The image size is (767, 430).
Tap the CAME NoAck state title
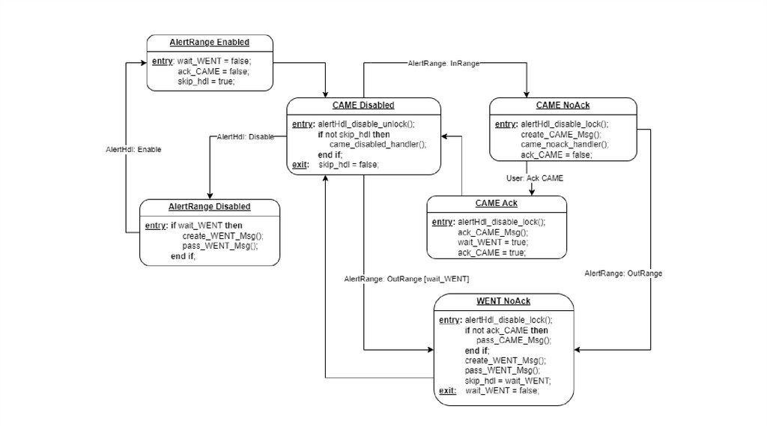click(563, 105)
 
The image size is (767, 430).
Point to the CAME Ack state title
click(496, 203)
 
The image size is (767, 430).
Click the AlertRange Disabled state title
click(210, 206)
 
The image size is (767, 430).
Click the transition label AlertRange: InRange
click(443, 64)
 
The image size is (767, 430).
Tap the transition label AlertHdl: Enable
click(133, 149)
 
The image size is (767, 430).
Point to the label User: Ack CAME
click(533, 178)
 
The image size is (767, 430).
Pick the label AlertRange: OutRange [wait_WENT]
click(407, 279)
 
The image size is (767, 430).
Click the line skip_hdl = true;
click(206, 81)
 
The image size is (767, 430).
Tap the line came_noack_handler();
click(564, 144)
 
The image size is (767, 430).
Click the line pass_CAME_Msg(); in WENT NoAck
click(513, 340)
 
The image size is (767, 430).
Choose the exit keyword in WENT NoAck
click(447, 390)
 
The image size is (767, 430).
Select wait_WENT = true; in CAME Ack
click(493, 242)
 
